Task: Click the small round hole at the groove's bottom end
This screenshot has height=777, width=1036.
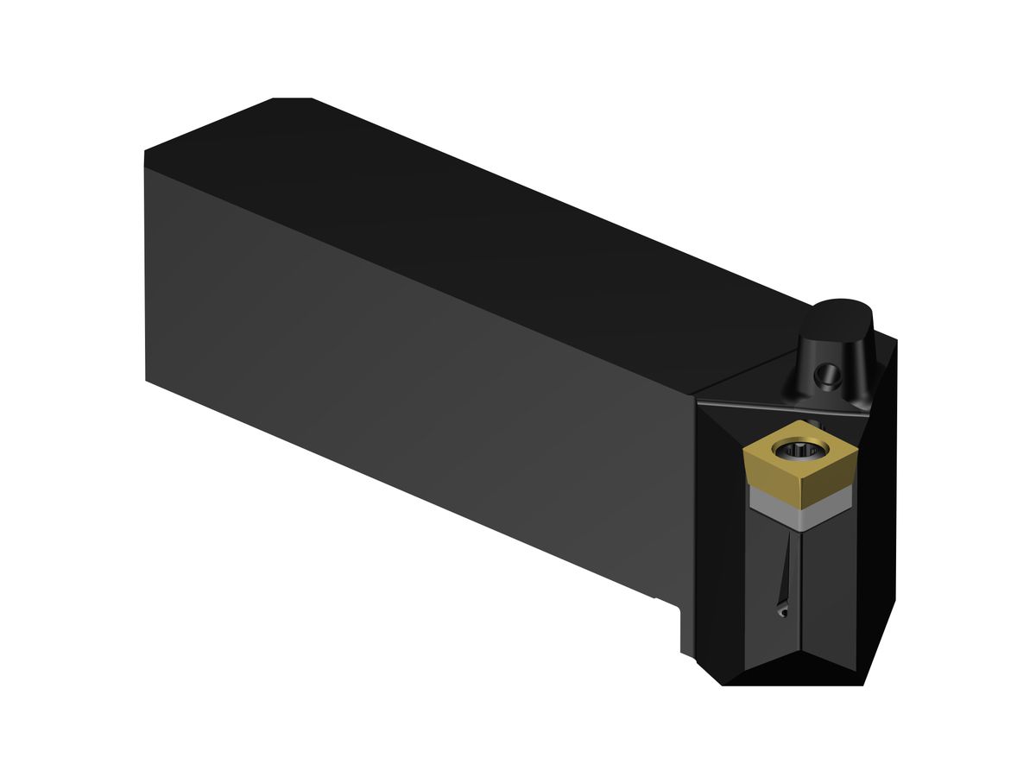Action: tap(781, 612)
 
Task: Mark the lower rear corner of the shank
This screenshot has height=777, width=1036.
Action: tap(147, 380)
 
